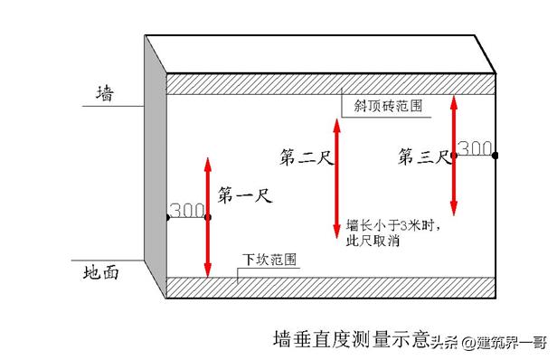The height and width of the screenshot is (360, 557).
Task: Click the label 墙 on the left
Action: pyautogui.click(x=105, y=93)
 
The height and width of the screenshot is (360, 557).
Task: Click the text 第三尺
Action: pyautogui.click(x=423, y=157)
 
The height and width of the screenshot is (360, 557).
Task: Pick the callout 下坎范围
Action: pyautogui.click(x=269, y=260)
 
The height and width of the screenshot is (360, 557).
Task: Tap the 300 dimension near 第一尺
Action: pyautogui.click(x=186, y=210)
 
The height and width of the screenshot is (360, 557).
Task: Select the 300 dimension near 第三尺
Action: pyautogui.click(x=475, y=147)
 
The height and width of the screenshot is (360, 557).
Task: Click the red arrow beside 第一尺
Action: pyautogui.click(x=208, y=217)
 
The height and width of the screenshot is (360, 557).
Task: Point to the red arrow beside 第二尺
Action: pyautogui.click(x=337, y=181)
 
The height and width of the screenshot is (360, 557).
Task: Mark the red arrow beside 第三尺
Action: pyautogui.click(x=454, y=154)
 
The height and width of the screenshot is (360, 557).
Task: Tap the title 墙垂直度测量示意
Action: pyautogui.click(x=351, y=340)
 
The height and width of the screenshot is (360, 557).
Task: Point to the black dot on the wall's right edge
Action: pyautogui.click(x=496, y=156)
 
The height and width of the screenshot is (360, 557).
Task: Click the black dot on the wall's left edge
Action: pyautogui.click(x=167, y=218)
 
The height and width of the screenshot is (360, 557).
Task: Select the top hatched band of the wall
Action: pyautogui.click(x=331, y=83)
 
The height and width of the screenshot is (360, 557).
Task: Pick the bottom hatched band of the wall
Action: pyautogui.click(x=331, y=288)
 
